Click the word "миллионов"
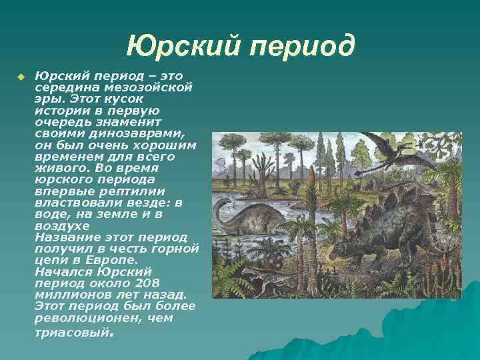(73, 295)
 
